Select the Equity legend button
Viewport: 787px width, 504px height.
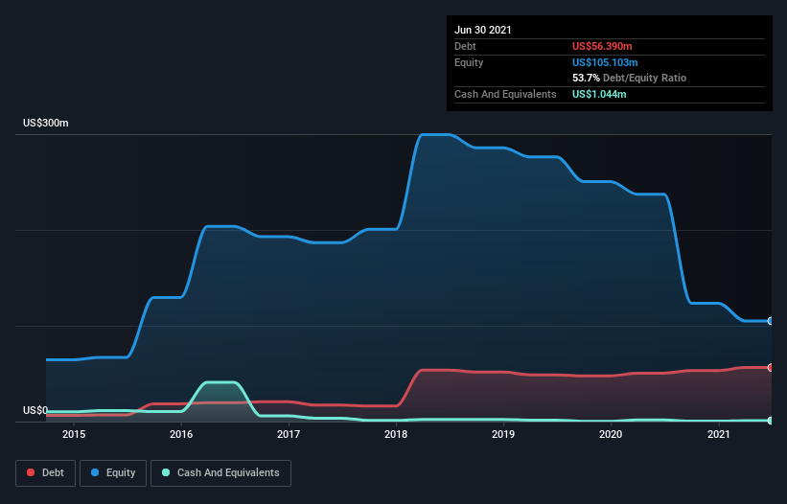click(113, 472)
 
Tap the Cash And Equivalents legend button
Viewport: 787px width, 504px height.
click(220, 472)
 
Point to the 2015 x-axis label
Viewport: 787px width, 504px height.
click(74, 435)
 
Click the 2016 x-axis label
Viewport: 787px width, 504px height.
click(181, 435)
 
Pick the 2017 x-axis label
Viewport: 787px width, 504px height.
click(289, 435)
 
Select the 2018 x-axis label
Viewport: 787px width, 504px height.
click(397, 435)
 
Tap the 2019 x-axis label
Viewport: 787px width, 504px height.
click(504, 435)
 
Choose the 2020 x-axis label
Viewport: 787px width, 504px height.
click(612, 435)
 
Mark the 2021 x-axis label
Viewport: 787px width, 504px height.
click(719, 435)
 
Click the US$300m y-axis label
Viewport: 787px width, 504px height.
click(46, 124)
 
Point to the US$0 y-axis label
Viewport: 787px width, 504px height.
click(35, 410)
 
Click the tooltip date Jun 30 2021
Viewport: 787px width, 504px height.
click(483, 30)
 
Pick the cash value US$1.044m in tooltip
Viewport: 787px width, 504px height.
click(600, 94)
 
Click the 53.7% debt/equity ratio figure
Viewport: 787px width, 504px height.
click(586, 78)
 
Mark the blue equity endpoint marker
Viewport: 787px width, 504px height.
click(770, 321)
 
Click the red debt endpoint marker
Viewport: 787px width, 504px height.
click(770, 367)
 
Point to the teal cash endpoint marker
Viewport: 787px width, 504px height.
click(770, 421)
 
